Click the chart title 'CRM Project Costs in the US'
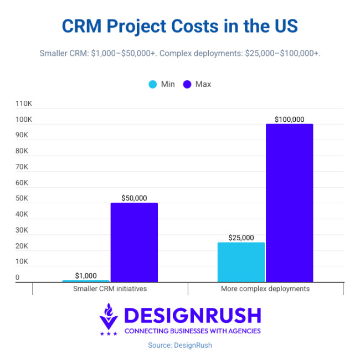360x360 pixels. click(x=180, y=25)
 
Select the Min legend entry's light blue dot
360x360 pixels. click(x=152, y=84)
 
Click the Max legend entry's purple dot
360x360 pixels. click(x=187, y=84)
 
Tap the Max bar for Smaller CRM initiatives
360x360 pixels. click(x=134, y=242)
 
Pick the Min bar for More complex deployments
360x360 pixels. click(x=241, y=262)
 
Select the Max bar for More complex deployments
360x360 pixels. click(x=289, y=203)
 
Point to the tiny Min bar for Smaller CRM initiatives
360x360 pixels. click(x=86, y=281)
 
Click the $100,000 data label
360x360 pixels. click(x=289, y=119)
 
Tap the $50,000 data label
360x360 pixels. click(x=134, y=198)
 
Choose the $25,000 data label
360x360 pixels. click(x=241, y=238)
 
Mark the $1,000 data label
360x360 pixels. click(x=86, y=275)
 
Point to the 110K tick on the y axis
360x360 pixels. click(x=24, y=104)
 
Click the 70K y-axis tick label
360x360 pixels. click(x=22, y=167)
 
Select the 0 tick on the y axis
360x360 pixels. click(x=17, y=277)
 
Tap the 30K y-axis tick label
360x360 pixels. click(x=22, y=230)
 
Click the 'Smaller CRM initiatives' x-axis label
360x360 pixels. click(x=110, y=289)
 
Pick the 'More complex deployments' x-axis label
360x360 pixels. click(x=265, y=289)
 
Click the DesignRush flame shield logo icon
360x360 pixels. click(x=109, y=320)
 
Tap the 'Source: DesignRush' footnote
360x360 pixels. click(x=180, y=345)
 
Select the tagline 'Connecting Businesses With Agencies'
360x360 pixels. click(x=192, y=331)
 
